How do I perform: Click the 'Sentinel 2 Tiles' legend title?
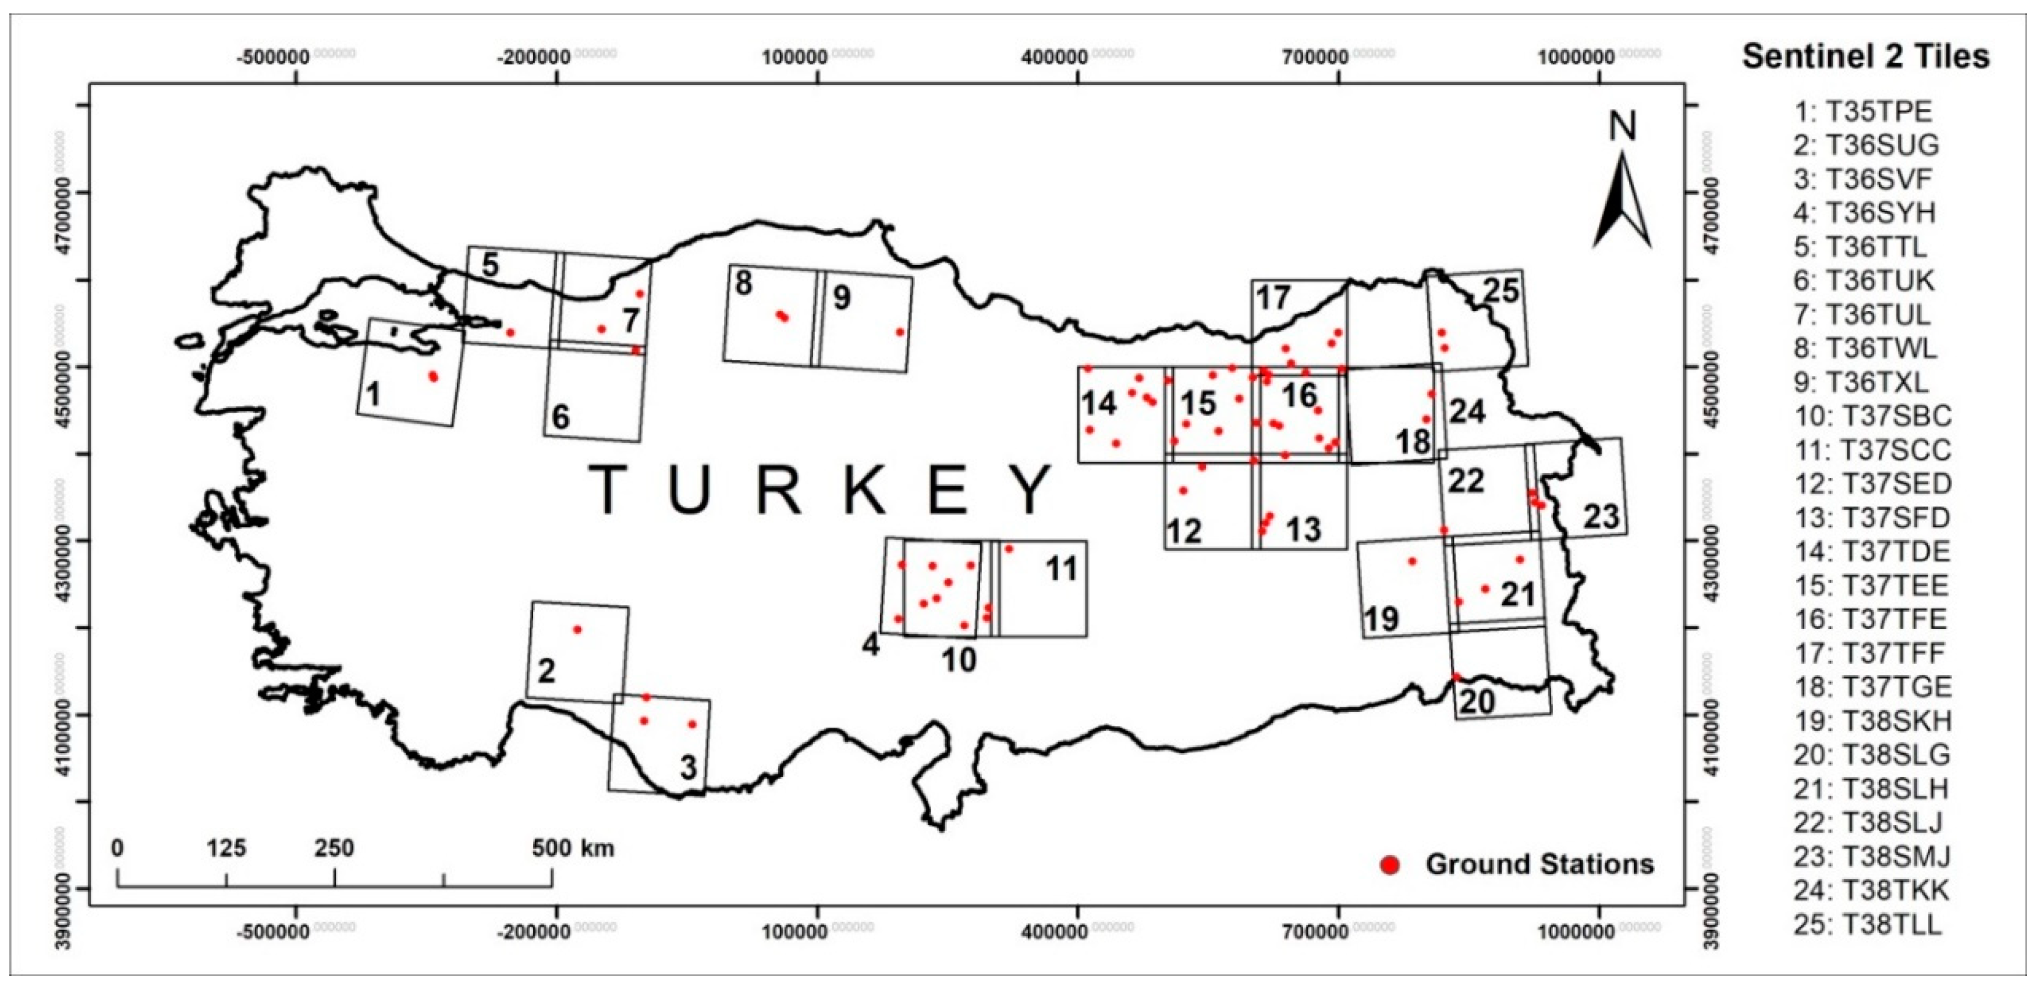click(1865, 57)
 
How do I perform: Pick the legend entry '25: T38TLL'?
click(1867, 924)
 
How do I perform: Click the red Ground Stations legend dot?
click(1390, 864)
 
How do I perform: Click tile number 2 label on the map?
click(547, 671)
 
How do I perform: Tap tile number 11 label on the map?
click(1061, 569)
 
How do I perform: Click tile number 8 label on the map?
click(743, 283)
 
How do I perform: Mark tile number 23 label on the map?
click(1601, 517)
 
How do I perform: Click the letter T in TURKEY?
click(608, 491)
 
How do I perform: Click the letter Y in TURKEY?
click(1032, 491)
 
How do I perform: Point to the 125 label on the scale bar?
click(226, 849)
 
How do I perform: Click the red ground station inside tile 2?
click(577, 629)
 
